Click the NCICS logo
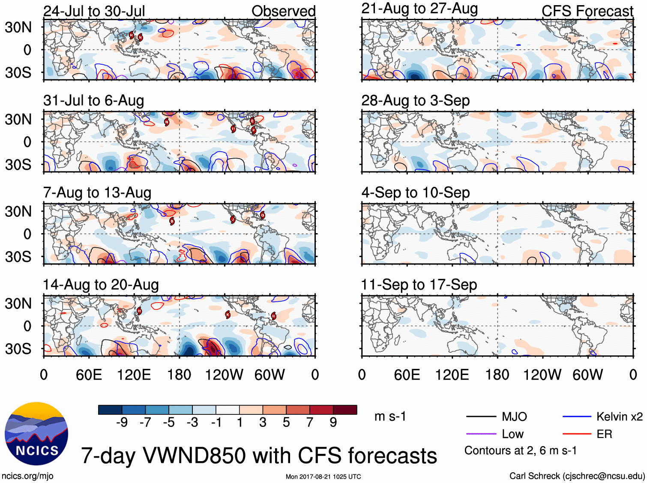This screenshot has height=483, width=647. pyautogui.click(x=36, y=434)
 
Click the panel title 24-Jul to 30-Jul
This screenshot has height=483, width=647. pyautogui.click(x=94, y=11)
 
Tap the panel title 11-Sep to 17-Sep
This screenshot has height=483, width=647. pyautogui.click(x=419, y=285)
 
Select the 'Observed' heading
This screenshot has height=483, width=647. pyautogui.click(x=283, y=11)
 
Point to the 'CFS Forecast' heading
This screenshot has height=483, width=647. pyautogui.click(x=587, y=11)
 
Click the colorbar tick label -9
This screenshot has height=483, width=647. pyautogui.click(x=122, y=423)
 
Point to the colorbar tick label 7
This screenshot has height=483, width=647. pyautogui.click(x=310, y=423)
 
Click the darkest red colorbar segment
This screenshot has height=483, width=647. pyautogui.click(x=345, y=410)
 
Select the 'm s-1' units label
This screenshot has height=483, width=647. pyautogui.click(x=390, y=417)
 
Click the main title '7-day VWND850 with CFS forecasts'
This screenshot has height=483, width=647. pyautogui.click(x=259, y=455)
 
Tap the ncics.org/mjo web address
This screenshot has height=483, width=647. pyautogui.click(x=27, y=476)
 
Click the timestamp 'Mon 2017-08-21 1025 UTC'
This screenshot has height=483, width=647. pyautogui.click(x=323, y=477)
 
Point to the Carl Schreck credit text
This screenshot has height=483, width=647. pyautogui.click(x=577, y=476)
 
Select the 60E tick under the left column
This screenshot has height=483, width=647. pyautogui.click(x=89, y=375)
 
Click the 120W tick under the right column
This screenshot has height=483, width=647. pyautogui.click(x=542, y=375)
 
